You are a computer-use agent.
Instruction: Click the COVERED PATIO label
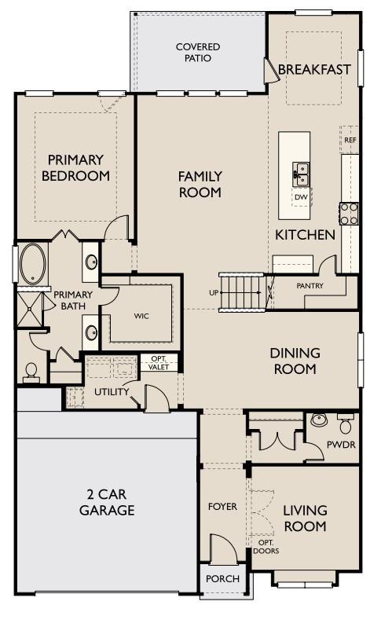pos(198,52)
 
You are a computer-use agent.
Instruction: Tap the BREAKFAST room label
pos(314,70)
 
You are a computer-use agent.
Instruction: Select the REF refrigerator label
pos(350,140)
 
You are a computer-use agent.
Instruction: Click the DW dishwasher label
pos(301,196)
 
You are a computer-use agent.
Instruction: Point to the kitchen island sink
pos(301,172)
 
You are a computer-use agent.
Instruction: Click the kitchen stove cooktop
pos(349,213)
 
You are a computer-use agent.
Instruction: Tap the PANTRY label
pos(310,286)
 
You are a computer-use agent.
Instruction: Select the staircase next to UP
pos(241,291)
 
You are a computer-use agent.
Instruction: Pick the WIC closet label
pos(141,316)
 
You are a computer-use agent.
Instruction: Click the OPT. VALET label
pos(159,363)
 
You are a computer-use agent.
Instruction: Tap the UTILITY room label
pos(112,391)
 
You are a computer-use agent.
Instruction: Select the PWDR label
pos(340,445)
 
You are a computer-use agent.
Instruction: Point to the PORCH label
pos(222,579)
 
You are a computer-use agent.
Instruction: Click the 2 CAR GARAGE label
pos(107,502)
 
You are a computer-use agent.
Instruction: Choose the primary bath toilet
pos(31,371)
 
